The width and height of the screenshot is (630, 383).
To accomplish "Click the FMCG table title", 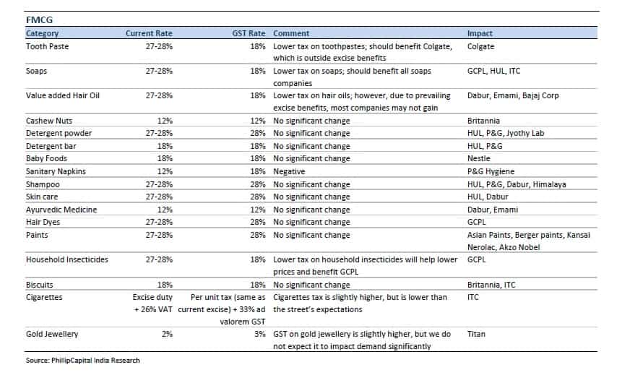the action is [39, 20].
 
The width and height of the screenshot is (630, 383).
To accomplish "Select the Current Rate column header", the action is [149, 33].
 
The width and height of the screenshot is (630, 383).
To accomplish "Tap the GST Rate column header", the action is [249, 33].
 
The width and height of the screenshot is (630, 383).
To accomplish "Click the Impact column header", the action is [480, 33].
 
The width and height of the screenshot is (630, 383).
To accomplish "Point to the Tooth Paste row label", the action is [48, 46].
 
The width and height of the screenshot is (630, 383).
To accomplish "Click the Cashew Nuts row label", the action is [49, 121].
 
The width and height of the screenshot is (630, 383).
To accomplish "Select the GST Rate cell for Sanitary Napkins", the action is [257, 171].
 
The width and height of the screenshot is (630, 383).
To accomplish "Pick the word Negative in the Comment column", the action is [289, 171].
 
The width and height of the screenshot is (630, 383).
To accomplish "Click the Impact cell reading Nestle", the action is [479, 158].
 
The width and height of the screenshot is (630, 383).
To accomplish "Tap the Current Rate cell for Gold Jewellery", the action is [167, 334].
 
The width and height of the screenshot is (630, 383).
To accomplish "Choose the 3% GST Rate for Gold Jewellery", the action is [260, 334].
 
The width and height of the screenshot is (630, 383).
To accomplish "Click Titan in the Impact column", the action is [476, 334].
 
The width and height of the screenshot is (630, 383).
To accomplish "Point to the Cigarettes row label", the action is [44, 297].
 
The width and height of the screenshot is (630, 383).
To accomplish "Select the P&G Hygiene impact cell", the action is [491, 171].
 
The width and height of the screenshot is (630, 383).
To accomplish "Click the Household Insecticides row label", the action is [67, 259].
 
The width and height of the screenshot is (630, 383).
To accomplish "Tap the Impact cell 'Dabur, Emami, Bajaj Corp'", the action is [513, 95].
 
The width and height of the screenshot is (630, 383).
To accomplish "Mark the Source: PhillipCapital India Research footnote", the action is [83, 360].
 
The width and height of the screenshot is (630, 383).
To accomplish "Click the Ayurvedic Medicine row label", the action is [61, 210].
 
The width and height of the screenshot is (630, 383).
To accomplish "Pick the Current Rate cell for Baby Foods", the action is [165, 158].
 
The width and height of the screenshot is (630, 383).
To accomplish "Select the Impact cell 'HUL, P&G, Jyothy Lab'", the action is [506, 134].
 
